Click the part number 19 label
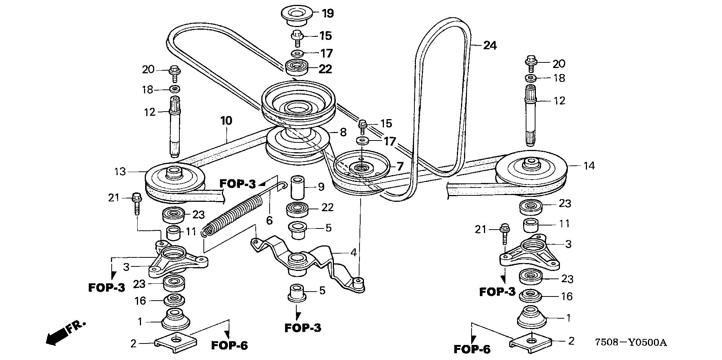tap(328, 14)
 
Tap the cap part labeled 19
tap(297, 15)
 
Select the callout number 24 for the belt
tap(490, 45)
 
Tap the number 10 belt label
tap(226, 121)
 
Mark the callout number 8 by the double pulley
tap(343, 132)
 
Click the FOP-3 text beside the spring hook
tap(238, 184)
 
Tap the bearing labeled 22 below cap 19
tap(297, 68)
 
